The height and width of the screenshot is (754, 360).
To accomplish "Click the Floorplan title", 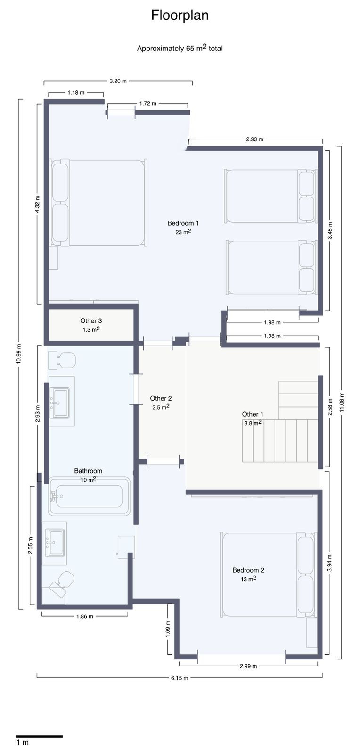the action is [x=180, y=16].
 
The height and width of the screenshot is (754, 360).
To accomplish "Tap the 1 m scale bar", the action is [x=40, y=736].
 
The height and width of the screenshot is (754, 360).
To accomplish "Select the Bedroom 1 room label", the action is [x=183, y=223].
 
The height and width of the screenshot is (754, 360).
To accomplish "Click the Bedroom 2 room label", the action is [x=248, y=570].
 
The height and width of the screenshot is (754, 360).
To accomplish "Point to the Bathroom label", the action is [x=88, y=471].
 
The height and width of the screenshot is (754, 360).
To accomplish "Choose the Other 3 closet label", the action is [x=91, y=321].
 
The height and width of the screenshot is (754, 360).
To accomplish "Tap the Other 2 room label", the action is [x=161, y=398].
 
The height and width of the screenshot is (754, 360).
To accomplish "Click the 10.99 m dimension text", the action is [x=19, y=353].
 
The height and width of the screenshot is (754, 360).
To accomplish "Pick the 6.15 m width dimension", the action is [x=180, y=678].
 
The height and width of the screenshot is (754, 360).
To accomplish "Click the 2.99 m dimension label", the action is [x=248, y=666].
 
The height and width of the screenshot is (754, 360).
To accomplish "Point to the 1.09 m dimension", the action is [x=168, y=629].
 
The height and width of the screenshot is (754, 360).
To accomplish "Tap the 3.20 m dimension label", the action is [x=118, y=81].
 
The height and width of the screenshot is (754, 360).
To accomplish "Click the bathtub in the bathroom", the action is [x=89, y=496].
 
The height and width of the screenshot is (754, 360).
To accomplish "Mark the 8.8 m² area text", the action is [x=253, y=423].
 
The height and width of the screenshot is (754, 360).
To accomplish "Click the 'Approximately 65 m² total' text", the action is [x=180, y=48].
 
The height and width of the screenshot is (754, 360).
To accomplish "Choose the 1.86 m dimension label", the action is [x=84, y=616].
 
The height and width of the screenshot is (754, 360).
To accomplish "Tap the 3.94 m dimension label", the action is [x=330, y=563].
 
